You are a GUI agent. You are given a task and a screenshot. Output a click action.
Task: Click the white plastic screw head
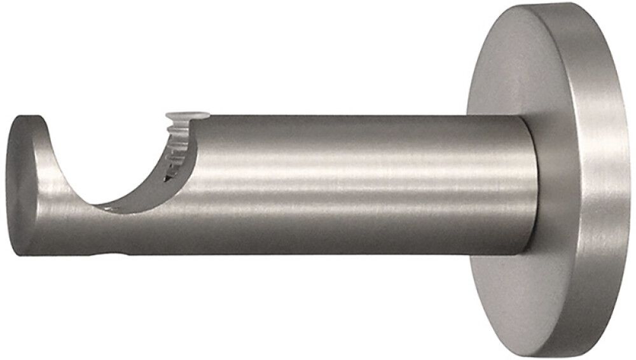187,116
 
